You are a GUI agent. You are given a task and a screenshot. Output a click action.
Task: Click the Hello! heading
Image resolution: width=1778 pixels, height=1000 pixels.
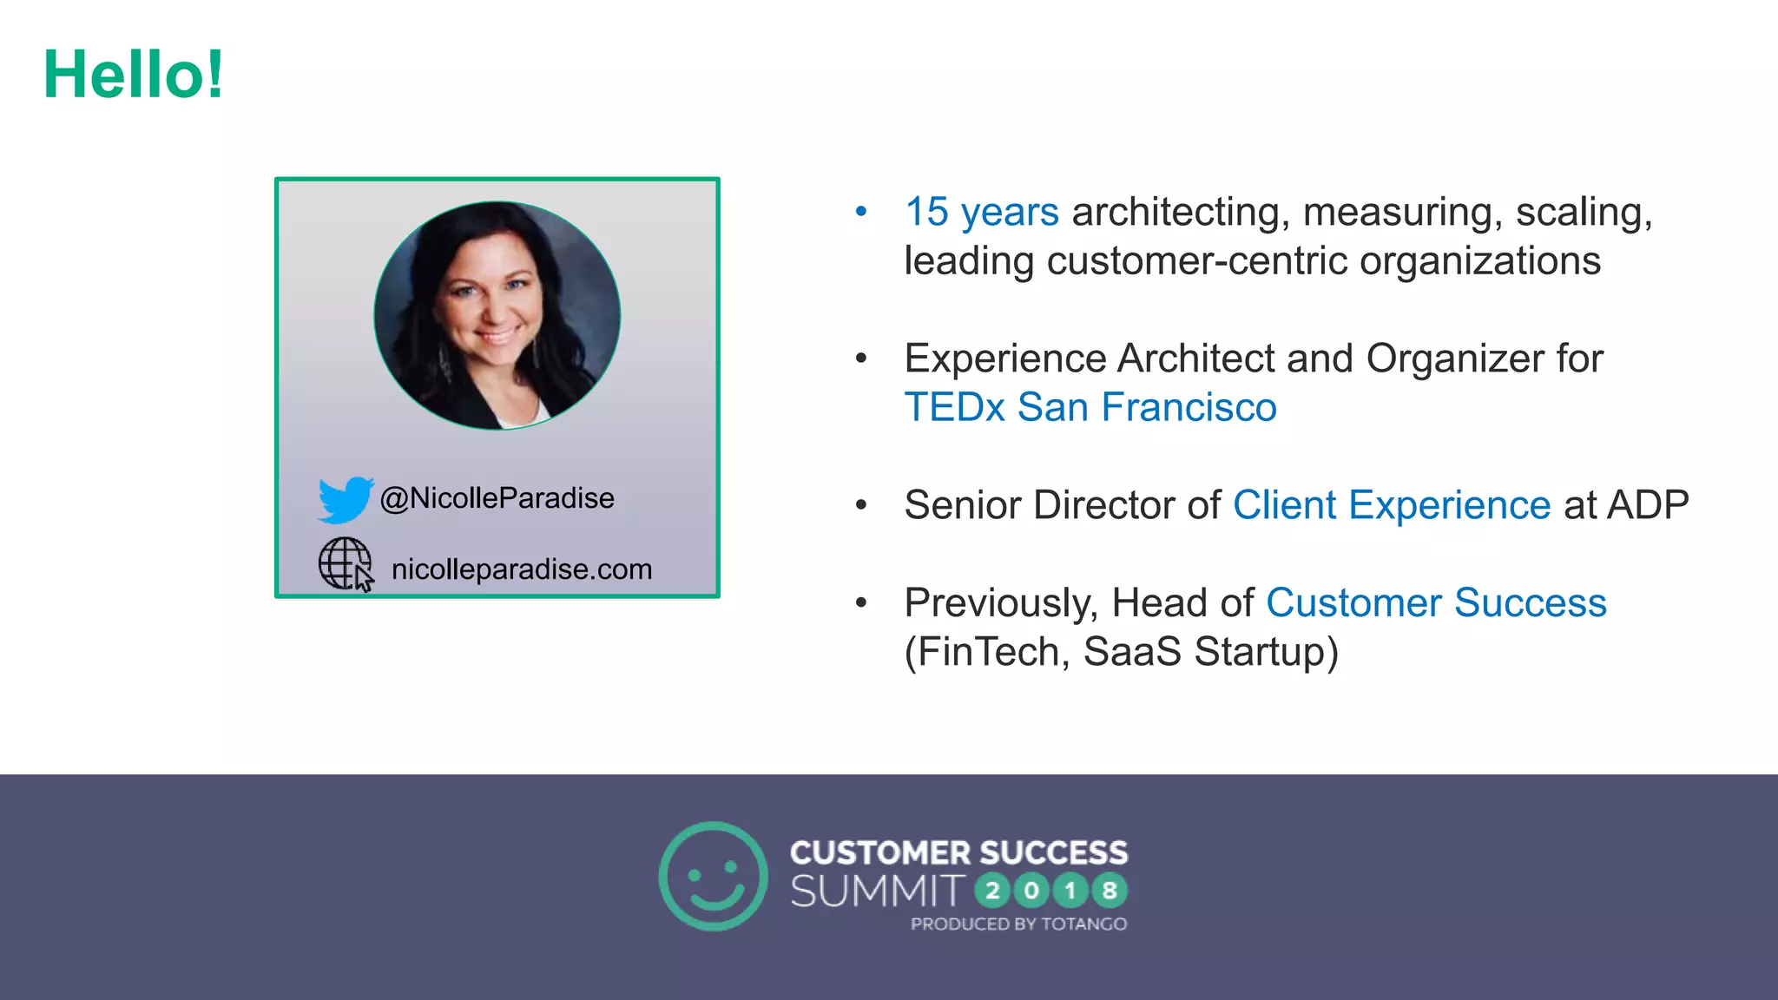coord(134,75)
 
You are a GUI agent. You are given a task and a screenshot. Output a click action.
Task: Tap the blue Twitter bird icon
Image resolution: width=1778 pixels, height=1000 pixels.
coord(345,499)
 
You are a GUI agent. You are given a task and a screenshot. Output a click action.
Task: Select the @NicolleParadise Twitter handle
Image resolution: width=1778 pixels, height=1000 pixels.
coord(497,498)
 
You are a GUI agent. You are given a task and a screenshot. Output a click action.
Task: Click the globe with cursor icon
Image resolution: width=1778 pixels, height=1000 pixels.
coord(346,565)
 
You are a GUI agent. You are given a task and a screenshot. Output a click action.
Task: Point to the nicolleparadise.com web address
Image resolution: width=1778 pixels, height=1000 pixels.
coord(521,569)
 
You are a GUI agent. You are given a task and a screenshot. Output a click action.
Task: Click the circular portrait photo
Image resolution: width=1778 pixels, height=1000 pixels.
coord(497,315)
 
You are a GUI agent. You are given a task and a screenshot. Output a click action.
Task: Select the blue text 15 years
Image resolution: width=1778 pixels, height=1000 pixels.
coord(981,212)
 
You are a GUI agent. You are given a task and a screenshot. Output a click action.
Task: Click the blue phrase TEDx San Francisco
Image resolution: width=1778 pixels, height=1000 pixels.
coord(1090,407)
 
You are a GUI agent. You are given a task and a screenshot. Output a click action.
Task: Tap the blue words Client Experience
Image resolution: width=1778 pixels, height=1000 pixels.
coord(1391,505)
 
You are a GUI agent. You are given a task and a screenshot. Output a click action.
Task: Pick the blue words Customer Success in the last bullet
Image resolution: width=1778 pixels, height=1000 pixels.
coord(1436,602)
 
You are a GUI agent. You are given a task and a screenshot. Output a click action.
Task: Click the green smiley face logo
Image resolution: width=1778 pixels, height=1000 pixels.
coord(713,876)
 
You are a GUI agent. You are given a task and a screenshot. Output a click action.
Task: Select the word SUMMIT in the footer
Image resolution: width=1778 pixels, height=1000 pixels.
coord(877,891)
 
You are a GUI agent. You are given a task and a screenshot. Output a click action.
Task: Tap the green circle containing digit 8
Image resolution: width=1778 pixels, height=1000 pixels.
coord(1109,891)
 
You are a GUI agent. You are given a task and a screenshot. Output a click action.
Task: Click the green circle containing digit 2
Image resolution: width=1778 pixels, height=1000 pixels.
coord(992,891)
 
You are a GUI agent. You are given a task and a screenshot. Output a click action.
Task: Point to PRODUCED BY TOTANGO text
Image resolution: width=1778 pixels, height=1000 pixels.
coord(1018,924)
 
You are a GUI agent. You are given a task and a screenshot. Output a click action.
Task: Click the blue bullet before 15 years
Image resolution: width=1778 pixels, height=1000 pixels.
coord(861,211)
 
